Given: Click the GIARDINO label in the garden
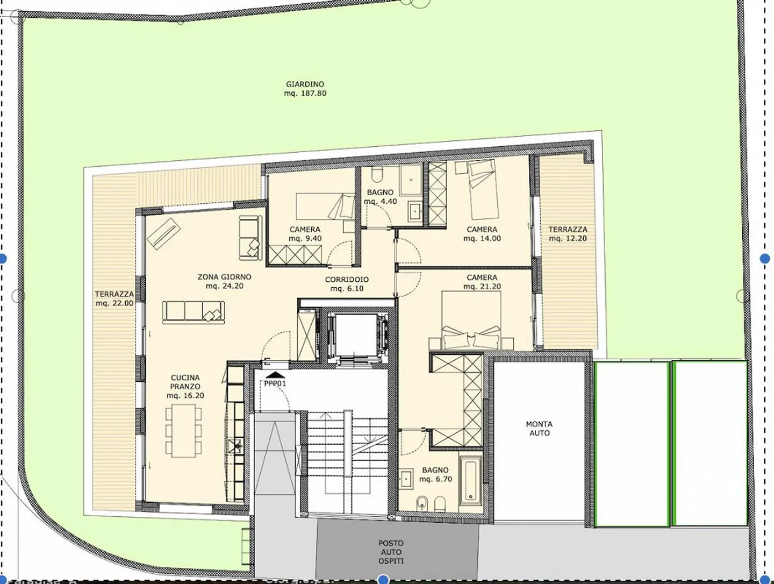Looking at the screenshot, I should pyautogui.click(x=305, y=84).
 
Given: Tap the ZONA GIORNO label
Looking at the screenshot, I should pyautogui.click(x=224, y=277).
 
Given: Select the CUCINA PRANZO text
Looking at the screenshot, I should pyautogui.click(x=185, y=382).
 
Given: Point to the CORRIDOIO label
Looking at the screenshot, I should pyautogui.click(x=347, y=280).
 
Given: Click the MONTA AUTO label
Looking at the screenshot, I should pyautogui.click(x=539, y=428).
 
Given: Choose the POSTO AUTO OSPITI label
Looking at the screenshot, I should pyautogui.click(x=391, y=552).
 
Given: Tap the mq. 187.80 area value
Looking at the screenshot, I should pyautogui.click(x=305, y=93).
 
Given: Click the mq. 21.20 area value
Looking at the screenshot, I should pyautogui.click(x=482, y=287).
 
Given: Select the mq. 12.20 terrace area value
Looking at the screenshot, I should pyautogui.click(x=568, y=238).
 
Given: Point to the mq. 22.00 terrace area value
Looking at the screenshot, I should pyautogui.click(x=114, y=303).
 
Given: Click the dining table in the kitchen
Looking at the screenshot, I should pyautogui.click(x=183, y=430).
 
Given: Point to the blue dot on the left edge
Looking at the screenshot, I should pyautogui.click(x=3, y=259).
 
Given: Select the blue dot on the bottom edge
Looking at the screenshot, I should pyautogui.click(x=383, y=579).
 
